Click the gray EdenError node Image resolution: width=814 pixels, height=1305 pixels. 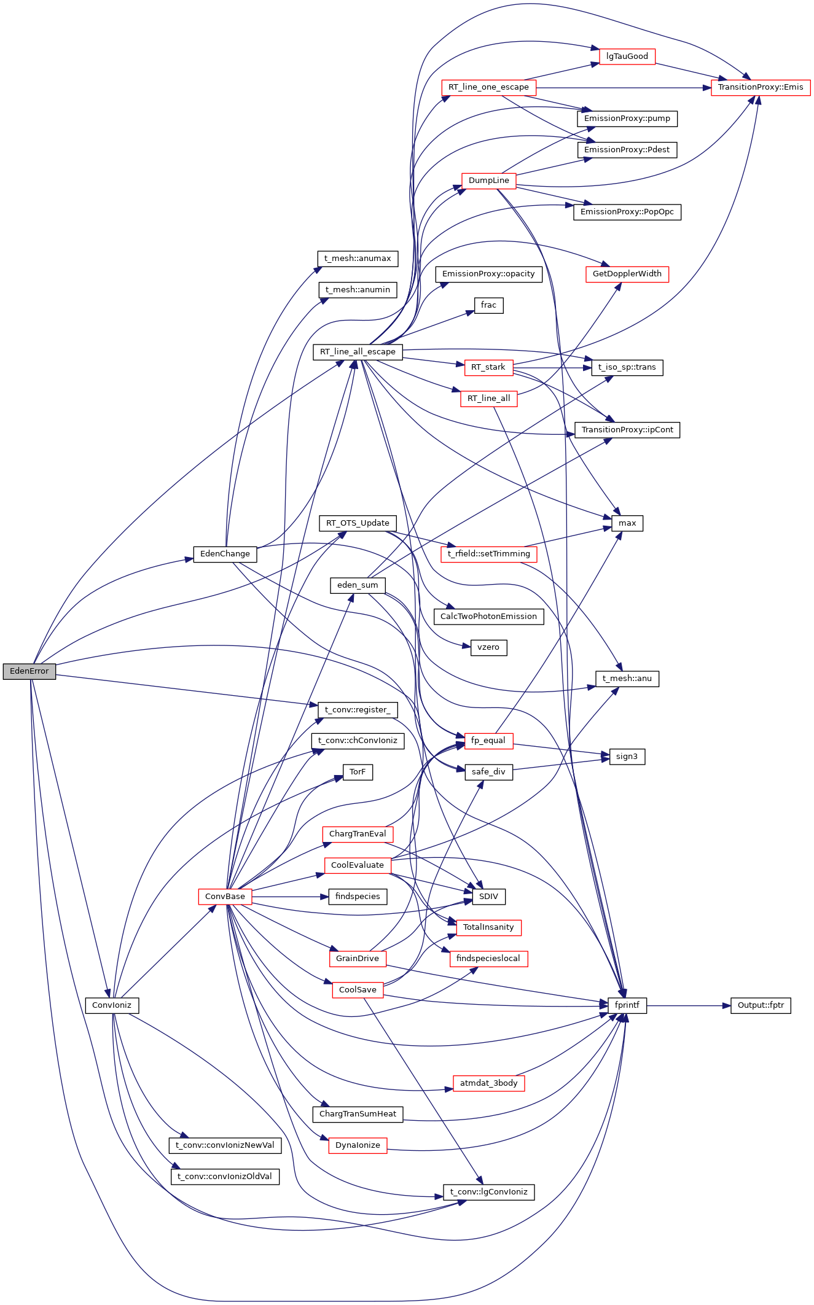click(x=29, y=671)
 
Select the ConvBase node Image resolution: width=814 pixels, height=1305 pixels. click(x=225, y=897)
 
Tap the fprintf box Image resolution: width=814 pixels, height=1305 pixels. click(x=627, y=1005)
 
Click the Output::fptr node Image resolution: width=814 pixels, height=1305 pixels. click(x=761, y=1005)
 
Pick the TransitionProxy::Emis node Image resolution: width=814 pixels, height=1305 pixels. click(x=761, y=87)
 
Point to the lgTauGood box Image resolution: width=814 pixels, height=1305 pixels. click(x=627, y=56)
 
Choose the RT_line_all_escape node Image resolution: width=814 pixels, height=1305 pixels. click(x=358, y=352)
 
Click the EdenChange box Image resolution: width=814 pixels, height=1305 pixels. click(x=225, y=554)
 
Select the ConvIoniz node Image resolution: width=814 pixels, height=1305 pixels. click(x=112, y=1005)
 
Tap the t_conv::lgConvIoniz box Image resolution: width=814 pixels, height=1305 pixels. click(x=489, y=1192)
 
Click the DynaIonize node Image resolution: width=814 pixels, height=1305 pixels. click(x=358, y=1145)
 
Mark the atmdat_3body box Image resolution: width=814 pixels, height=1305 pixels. click(x=489, y=1083)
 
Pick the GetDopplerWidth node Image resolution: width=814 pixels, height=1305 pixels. click(x=627, y=274)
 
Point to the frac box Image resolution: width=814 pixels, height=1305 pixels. click(x=489, y=305)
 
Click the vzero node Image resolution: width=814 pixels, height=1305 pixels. click(x=489, y=647)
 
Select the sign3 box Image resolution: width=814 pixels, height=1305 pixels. click(x=627, y=757)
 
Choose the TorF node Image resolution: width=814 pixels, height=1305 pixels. click(x=358, y=772)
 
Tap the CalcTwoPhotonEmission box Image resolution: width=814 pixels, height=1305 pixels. click(x=489, y=617)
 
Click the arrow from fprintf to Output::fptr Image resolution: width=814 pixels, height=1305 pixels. click(x=688, y=1006)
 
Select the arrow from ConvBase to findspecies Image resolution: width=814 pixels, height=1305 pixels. click(x=286, y=897)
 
